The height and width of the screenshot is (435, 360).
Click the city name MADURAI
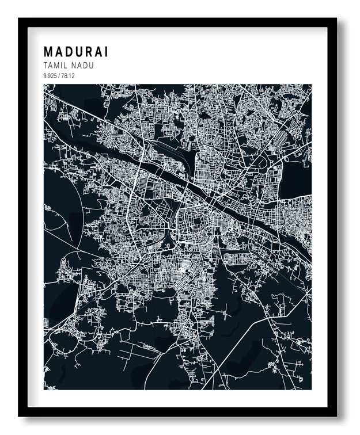75,52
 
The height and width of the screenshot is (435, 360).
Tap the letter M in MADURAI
48,52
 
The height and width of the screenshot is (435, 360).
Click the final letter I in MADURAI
107,52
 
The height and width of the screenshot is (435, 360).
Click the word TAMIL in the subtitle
55,66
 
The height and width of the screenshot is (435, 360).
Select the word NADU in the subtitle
83,66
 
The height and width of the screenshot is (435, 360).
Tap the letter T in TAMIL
46,66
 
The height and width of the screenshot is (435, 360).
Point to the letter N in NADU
74,66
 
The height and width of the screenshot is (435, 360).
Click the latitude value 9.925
50,76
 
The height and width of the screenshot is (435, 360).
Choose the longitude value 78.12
67,76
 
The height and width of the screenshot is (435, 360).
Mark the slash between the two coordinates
59,76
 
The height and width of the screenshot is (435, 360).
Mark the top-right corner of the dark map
311,85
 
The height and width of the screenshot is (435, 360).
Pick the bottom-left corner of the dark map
44,389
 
